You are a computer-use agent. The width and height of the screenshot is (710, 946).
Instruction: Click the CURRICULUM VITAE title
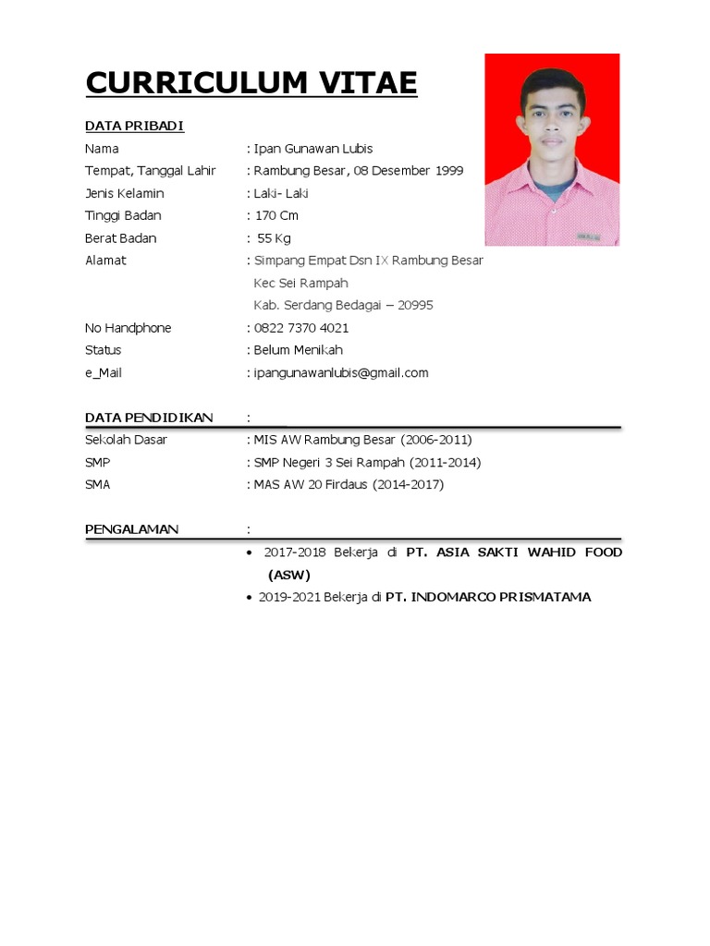point(251,83)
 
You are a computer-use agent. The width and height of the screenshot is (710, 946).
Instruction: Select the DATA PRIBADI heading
point(134,127)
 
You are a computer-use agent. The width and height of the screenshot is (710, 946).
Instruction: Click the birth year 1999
point(447,171)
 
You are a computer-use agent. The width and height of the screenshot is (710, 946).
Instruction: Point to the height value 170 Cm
point(276,215)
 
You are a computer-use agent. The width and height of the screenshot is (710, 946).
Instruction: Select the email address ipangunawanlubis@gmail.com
point(341,373)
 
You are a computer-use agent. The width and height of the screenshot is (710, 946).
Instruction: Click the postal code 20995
point(415,306)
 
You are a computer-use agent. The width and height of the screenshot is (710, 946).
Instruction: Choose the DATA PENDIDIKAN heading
point(149,418)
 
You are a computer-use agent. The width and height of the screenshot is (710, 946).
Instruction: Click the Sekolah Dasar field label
point(126,440)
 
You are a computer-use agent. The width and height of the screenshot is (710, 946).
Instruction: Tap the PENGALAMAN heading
point(131,529)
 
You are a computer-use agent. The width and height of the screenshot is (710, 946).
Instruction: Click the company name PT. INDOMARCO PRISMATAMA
point(488,597)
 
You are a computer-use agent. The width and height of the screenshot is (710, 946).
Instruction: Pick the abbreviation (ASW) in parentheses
point(289,575)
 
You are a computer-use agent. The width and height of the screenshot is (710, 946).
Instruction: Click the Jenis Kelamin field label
point(124,193)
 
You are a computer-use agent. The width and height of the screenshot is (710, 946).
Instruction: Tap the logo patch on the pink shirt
point(588,236)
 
